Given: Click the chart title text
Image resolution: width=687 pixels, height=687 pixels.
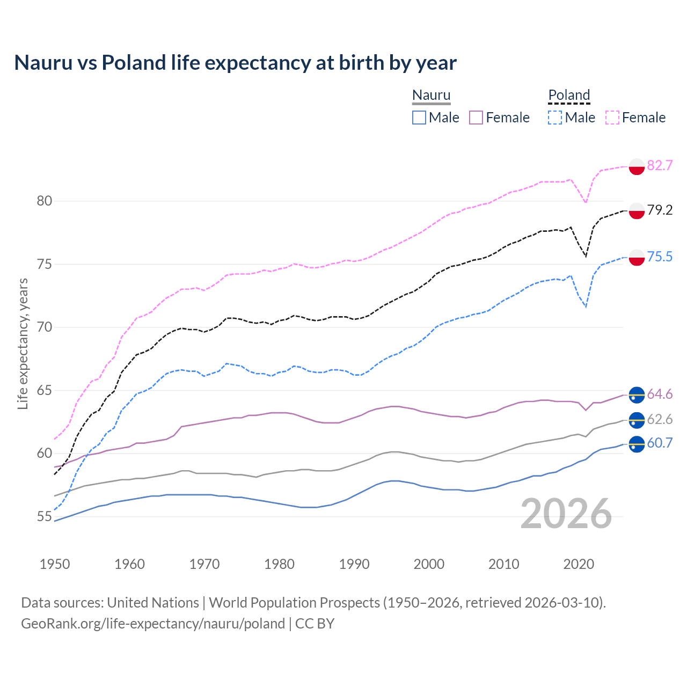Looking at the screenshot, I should click(235, 63).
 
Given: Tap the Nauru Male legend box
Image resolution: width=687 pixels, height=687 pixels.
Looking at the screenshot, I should click(419, 118).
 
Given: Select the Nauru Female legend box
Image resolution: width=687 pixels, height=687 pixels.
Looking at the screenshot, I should click(476, 118).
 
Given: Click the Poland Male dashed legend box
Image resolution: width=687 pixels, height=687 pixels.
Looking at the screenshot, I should click(555, 118).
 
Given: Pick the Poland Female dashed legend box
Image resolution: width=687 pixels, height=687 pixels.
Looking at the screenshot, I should click(612, 118).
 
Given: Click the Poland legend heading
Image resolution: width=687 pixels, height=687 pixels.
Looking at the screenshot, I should click(569, 96).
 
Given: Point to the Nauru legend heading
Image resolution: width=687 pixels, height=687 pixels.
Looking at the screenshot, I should click(431, 96).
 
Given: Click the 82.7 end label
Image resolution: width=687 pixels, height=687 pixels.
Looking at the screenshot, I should click(660, 165).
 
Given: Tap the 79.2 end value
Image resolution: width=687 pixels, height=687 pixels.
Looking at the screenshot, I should click(660, 210).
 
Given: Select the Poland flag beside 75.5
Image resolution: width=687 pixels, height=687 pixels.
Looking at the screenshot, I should click(637, 257).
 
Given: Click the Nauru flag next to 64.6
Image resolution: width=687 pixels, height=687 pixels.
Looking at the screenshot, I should click(637, 394).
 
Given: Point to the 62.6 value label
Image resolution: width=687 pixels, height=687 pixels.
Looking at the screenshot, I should click(660, 419).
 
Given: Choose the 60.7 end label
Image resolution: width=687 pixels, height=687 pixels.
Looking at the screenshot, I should click(660, 443).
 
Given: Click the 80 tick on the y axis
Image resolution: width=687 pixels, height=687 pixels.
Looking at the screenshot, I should click(45, 201).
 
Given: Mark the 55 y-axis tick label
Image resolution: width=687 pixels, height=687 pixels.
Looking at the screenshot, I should click(45, 517).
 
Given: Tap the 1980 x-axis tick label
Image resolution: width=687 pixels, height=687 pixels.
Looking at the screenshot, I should click(280, 564).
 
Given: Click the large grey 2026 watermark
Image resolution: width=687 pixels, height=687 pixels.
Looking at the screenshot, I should click(566, 514).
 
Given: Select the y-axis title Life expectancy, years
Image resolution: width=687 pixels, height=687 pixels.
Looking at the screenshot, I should click(23, 343).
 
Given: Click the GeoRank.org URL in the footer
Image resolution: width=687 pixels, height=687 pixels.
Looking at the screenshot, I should click(153, 624).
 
